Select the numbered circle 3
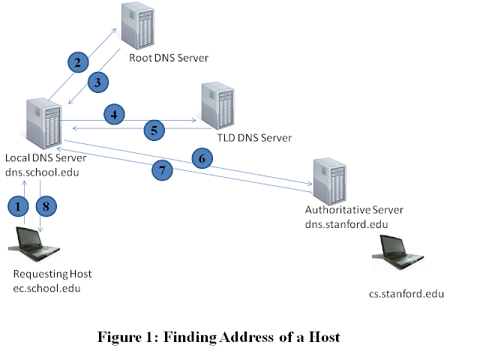point(98,82)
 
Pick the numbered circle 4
point(114,115)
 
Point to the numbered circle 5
point(154,130)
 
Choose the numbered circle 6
point(201,158)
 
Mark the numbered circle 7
point(163,171)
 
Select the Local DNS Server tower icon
point(43,124)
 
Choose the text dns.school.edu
point(43,172)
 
